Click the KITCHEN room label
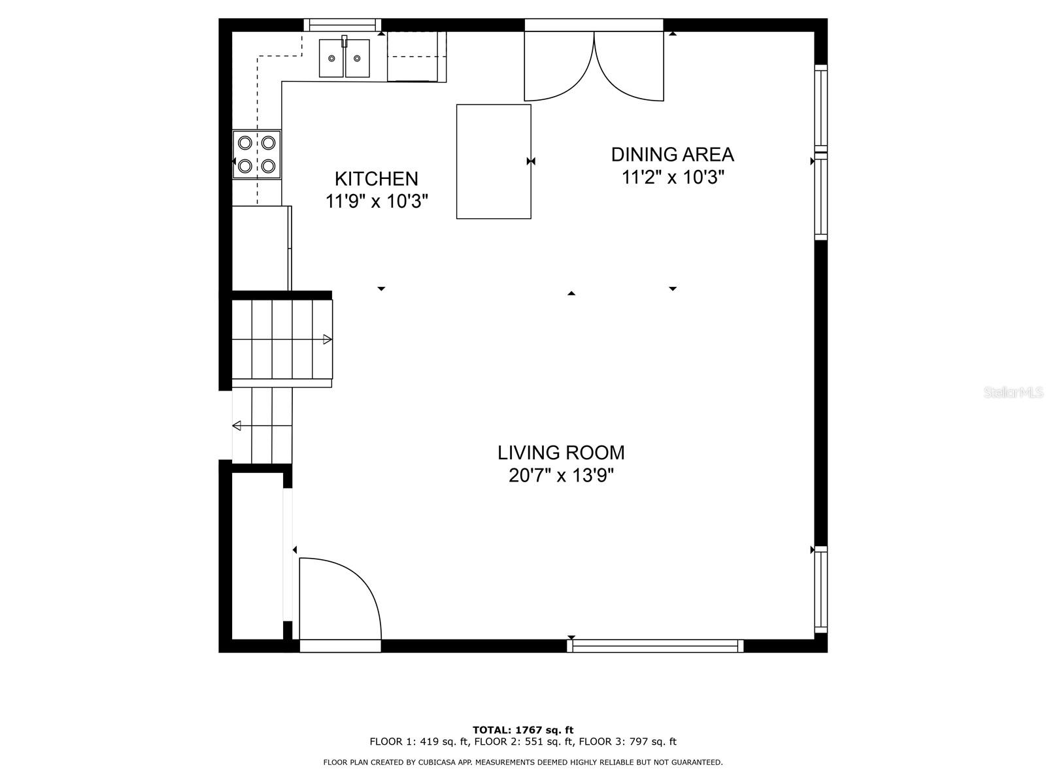coord(376,178)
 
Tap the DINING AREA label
coord(672,155)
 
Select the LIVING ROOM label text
coord(561,453)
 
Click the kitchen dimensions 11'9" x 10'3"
coord(377,201)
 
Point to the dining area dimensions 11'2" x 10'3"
coord(673,178)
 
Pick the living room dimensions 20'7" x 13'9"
coord(561,476)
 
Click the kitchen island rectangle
coord(494,161)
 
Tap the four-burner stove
coord(257,155)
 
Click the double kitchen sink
coord(345,58)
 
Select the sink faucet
coord(345,41)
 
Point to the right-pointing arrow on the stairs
coord(328,339)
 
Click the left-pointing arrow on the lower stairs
coord(237,426)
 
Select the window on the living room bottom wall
coord(655,645)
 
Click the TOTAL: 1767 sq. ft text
coord(523,730)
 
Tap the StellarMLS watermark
coord(1012,393)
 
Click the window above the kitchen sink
coord(343,25)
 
